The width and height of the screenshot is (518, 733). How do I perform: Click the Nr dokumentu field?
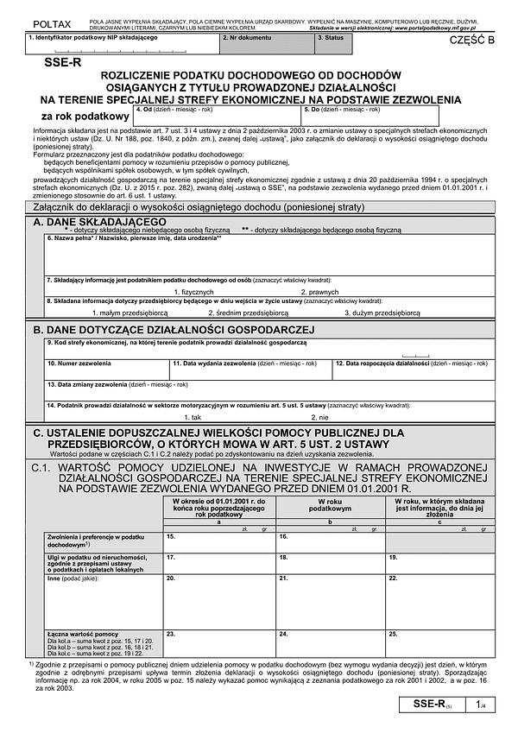(266, 46)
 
